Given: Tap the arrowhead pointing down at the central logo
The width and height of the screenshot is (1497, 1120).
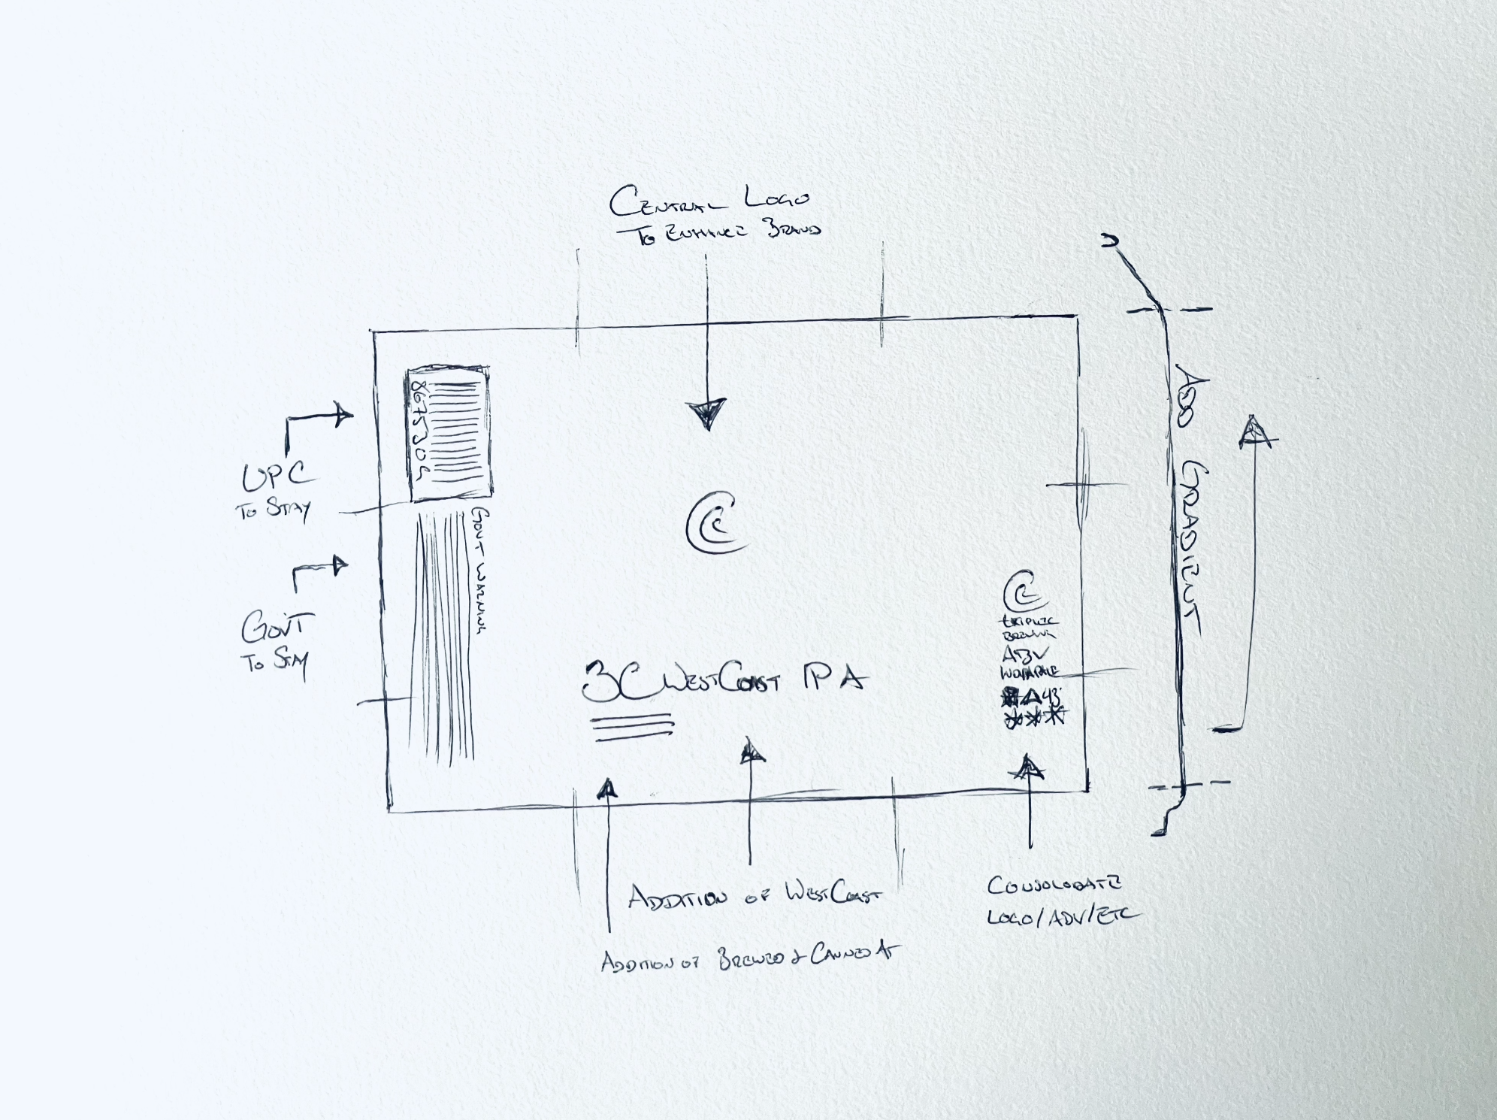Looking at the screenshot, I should point(707,413).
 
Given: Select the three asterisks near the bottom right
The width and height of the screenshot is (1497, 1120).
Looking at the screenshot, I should point(1034,717).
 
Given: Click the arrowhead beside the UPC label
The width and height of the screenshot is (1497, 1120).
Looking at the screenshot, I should point(342,415).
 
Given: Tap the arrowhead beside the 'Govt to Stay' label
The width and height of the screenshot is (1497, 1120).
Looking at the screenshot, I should point(340,565).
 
